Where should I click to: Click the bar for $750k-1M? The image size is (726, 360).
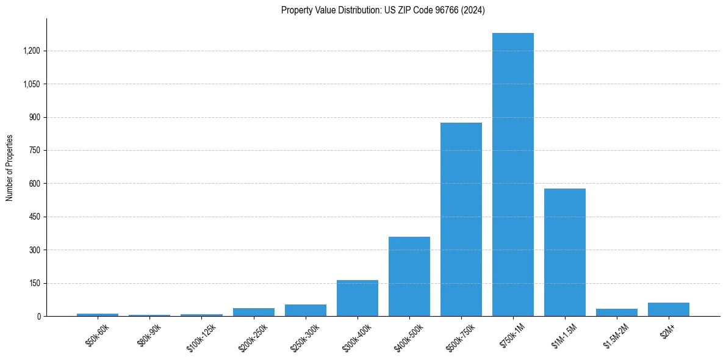tap(513, 175)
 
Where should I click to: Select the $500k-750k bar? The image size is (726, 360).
tap(461, 220)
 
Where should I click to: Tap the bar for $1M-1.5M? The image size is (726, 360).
tap(565, 252)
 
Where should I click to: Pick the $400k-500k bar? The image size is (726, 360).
tap(409, 276)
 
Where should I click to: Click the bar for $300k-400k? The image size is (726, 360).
tap(358, 298)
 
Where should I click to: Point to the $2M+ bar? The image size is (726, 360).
tap(669, 309)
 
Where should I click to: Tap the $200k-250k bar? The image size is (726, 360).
tap(254, 312)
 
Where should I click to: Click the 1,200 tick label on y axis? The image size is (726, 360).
tap(32, 51)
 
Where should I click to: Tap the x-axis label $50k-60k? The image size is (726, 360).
tap(96, 336)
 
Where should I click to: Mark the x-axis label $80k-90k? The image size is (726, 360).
tap(148, 336)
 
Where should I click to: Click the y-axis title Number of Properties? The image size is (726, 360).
tap(9, 168)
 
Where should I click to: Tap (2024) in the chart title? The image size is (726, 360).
tap(473, 10)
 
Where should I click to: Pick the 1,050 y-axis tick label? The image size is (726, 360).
tap(32, 84)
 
